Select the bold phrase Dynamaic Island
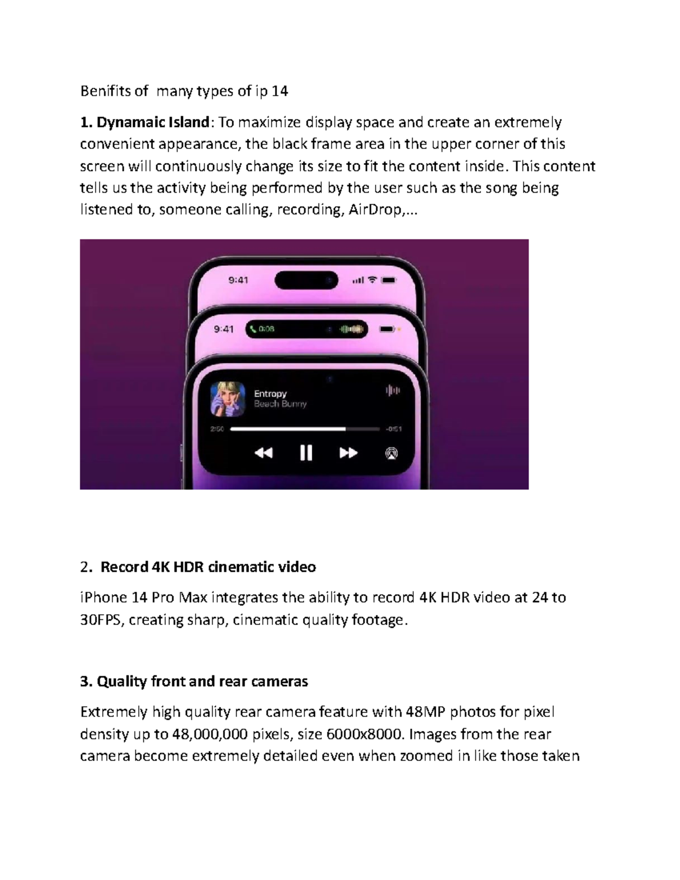(x=153, y=122)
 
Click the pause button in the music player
(x=306, y=453)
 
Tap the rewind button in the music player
(x=263, y=453)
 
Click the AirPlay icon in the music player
(x=391, y=453)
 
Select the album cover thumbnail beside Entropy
(x=228, y=399)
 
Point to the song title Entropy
(x=270, y=394)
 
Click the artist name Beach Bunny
(x=280, y=404)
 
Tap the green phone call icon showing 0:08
(x=253, y=329)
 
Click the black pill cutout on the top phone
(x=306, y=280)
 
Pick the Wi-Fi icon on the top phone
(x=372, y=280)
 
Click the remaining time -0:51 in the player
(x=394, y=429)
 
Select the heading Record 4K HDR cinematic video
(x=208, y=567)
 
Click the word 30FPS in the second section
(x=100, y=620)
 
